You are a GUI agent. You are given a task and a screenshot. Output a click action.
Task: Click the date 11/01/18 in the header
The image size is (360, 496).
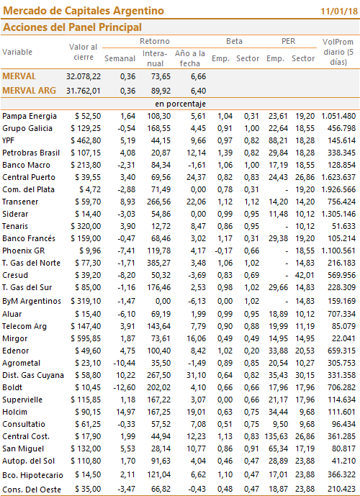339,12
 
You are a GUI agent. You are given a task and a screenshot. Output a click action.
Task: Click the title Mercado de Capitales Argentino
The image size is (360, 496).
84,11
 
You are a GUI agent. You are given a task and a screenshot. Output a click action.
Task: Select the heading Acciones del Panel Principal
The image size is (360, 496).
72,27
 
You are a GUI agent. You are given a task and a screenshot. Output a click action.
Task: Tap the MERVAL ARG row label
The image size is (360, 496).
29,91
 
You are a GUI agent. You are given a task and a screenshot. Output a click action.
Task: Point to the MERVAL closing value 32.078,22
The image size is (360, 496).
84,76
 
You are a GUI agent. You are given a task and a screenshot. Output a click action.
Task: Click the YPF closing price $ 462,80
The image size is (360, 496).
86,140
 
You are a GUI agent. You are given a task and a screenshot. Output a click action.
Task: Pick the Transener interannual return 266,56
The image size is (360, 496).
159,202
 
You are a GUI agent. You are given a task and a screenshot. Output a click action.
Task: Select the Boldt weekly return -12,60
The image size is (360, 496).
124,387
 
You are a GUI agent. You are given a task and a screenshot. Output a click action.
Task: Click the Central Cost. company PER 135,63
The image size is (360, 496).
276,436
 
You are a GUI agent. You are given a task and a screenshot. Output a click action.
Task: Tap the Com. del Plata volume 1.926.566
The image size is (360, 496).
338,189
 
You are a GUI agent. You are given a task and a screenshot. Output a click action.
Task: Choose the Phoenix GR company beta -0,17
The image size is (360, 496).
224,251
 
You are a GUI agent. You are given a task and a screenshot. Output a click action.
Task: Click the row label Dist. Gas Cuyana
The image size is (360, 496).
33,376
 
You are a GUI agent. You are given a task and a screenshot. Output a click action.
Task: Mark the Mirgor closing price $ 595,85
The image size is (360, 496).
86,339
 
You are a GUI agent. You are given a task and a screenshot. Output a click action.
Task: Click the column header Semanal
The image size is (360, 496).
120,58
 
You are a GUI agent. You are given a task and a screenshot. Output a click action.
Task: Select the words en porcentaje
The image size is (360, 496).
180,104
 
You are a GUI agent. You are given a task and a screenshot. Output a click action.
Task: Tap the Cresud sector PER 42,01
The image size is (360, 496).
305,275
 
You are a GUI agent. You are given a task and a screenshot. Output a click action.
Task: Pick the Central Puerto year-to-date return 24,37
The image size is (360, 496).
196,178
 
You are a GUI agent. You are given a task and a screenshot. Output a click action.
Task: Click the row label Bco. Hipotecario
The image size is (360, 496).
32,475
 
